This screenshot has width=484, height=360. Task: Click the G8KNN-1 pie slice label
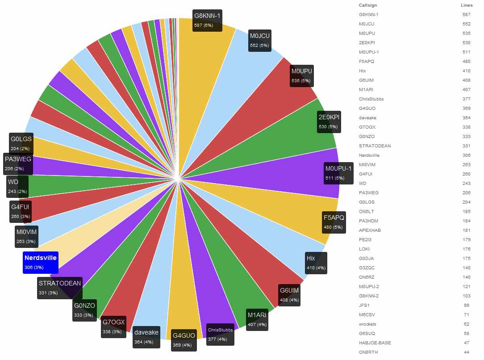pos(207,20)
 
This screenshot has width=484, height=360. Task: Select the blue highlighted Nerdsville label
pos(41,262)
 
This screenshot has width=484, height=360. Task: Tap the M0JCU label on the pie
pos(260,40)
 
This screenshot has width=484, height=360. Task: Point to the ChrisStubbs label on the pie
pos(220,334)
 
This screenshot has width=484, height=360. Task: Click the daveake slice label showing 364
pos(146,337)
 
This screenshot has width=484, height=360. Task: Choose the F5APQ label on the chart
pos(334,222)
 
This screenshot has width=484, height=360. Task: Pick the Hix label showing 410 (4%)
pos(316,263)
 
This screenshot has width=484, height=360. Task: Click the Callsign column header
pos(367,5)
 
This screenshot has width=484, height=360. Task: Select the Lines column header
pos(467,5)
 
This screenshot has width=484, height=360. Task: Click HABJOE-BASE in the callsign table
pos(375,343)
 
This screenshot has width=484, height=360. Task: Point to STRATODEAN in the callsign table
pos(374,146)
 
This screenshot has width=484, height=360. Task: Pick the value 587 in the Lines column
pos(467,15)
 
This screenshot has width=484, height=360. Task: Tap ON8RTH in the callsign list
pos(368,352)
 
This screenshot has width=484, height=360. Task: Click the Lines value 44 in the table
pos(467,352)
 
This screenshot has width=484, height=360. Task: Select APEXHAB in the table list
pos(370,230)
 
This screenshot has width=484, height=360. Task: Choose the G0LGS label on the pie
pos(21,143)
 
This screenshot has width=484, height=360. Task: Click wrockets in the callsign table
pos(368,324)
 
